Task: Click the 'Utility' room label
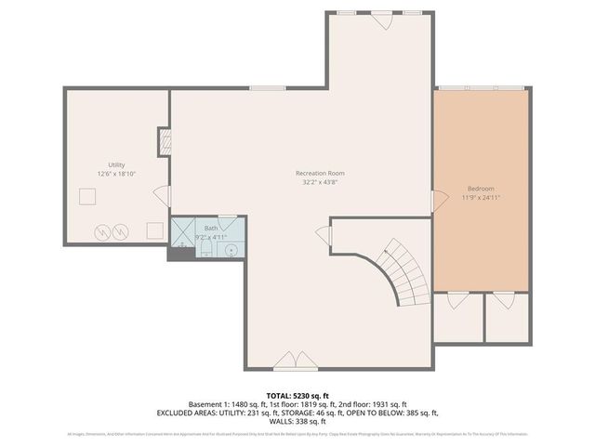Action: (116, 164)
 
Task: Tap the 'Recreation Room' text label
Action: (320, 173)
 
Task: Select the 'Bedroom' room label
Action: (481, 188)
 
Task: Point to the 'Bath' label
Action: (211, 228)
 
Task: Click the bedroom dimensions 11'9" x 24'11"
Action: (481, 197)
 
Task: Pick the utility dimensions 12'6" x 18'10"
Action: (116, 174)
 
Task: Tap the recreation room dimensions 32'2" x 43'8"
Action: (320, 182)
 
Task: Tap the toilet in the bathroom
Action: (206, 251)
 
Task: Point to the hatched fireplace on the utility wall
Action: (165, 141)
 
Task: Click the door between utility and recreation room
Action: (165, 196)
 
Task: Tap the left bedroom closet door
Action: (456, 301)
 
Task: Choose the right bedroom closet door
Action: (503, 301)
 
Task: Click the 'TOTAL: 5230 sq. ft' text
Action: (297, 394)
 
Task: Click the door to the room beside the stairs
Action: (324, 235)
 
